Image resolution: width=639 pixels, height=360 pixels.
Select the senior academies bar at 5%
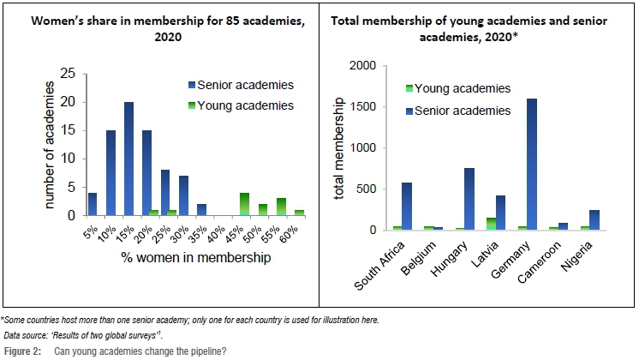coord(93,204)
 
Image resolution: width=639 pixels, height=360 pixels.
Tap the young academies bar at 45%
coord(244,204)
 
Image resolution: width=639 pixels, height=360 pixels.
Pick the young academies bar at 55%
coord(280,207)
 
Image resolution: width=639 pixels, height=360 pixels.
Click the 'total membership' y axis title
coord(340,147)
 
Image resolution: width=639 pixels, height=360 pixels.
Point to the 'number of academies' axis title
coord(51,145)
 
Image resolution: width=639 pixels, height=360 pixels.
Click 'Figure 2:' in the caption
coord(22,351)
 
